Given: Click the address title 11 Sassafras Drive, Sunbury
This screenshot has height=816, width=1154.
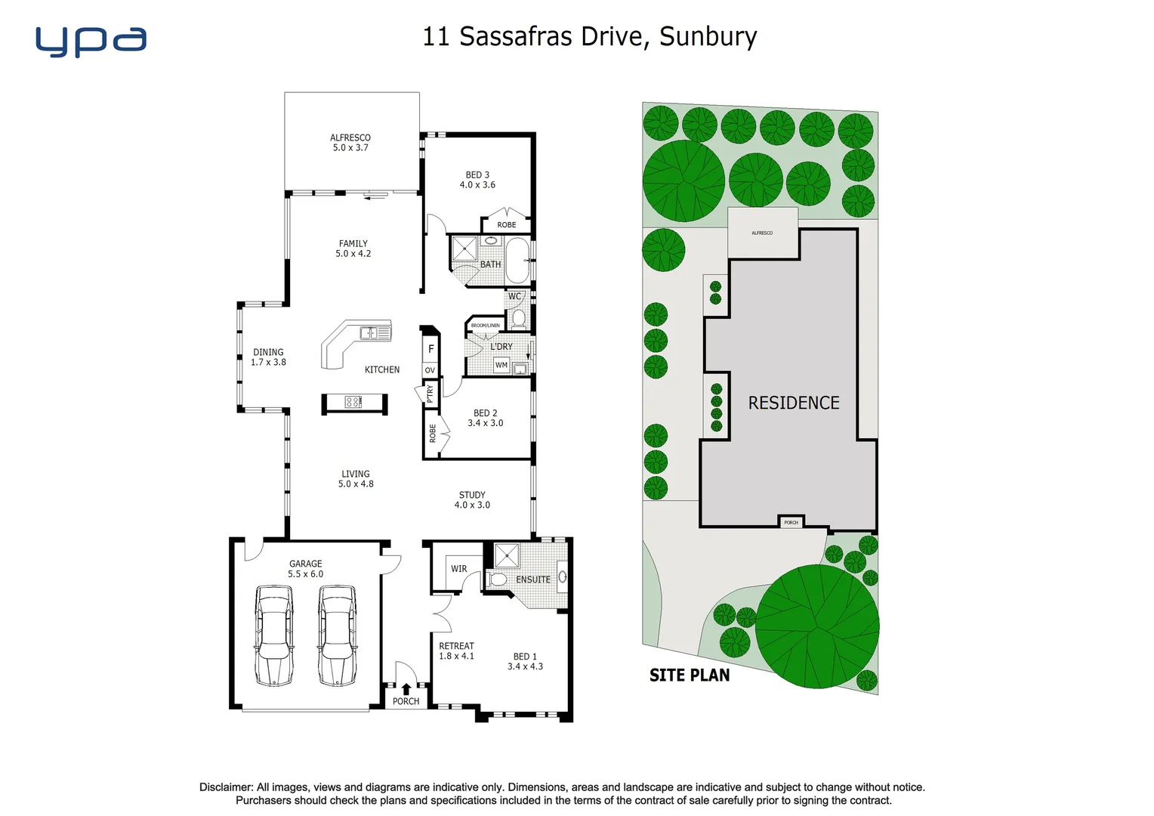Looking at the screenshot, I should [x=589, y=36].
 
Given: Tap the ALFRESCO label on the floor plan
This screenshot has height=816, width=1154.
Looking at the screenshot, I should [x=350, y=143].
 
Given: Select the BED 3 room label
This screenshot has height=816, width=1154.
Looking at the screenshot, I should [x=477, y=180].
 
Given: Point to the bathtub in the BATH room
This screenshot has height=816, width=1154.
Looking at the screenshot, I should [x=518, y=259].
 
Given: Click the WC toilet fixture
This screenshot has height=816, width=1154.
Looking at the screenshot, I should [x=519, y=318].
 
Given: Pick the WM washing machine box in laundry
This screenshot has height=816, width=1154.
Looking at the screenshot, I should [x=501, y=365].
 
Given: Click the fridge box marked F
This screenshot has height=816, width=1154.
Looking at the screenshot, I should [x=430, y=348].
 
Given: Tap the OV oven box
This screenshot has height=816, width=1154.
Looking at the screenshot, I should [x=430, y=370].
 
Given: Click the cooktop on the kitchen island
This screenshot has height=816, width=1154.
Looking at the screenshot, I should [x=353, y=402].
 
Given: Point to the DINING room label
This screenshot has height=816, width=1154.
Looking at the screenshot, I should [x=268, y=357].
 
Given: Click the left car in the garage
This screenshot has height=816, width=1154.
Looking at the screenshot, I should [x=273, y=635].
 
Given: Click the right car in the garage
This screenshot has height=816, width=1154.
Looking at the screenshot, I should [x=337, y=635].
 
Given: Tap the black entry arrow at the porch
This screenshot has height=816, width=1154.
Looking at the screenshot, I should [x=406, y=688].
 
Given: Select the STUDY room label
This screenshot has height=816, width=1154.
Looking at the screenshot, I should [x=472, y=499].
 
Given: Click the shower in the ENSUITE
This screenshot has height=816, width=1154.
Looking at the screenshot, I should [x=506, y=555].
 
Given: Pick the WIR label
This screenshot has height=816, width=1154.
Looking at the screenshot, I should [x=459, y=569].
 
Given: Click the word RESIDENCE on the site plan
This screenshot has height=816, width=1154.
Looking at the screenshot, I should [x=794, y=403].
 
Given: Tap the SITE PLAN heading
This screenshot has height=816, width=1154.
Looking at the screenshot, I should [x=690, y=675].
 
